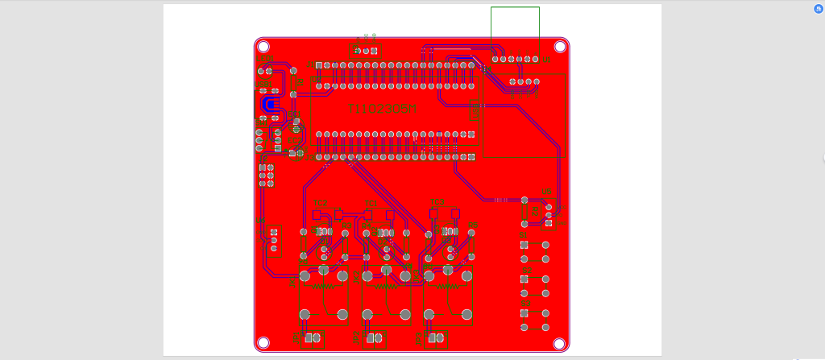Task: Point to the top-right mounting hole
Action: (x=560, y=48)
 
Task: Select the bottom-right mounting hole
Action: (x=560, y=343)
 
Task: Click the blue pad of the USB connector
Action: (x=271, y=105)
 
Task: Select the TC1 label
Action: (x=321, y=202)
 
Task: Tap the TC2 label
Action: (x=371, y=202)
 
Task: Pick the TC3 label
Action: (x=437, y=201)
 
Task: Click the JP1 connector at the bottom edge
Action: (x=312, y=338)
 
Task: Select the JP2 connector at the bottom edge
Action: (x=374, y=338)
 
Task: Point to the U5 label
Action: (x=547, y=192)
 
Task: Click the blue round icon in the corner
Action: (x=819, y=8)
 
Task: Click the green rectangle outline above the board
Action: (x=515, y=22)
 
